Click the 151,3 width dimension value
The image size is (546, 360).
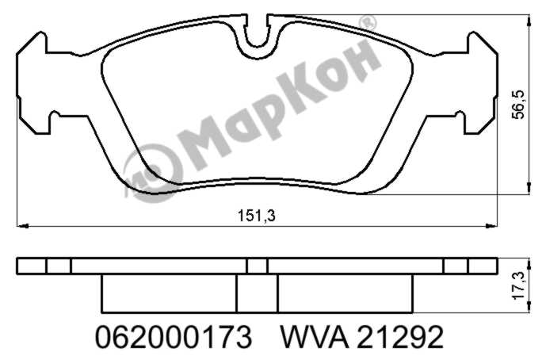[256, 216]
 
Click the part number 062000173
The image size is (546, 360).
[173, 337]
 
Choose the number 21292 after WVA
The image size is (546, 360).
[400, 337]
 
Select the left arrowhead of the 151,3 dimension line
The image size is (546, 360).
[23, 226]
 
